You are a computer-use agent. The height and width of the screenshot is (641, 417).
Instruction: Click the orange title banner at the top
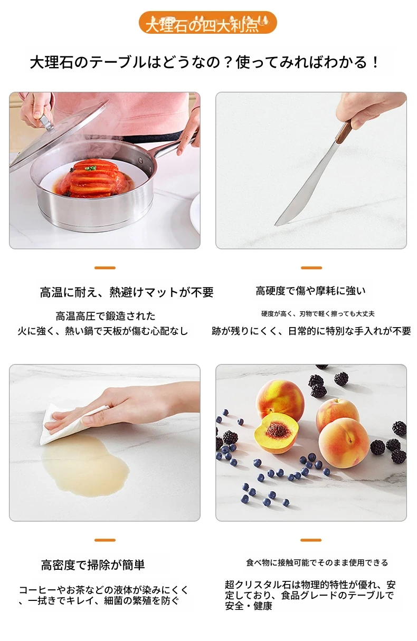(x=207, y=23)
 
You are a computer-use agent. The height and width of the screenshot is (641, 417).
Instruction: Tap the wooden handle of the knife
(x=344, y=132)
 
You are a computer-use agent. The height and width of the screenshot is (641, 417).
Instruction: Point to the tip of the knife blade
(x=276, y=225)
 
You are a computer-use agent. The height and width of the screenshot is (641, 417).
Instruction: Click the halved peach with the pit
(x=276, y=433)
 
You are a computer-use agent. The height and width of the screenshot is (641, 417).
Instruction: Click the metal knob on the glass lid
(x=46, y=123)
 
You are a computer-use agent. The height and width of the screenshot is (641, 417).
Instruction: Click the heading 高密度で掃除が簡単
(x=93, y=565)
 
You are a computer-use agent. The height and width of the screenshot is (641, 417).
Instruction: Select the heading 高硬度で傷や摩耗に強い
(x=311, y=291)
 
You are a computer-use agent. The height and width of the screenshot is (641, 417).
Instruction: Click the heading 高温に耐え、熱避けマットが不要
(x=127, y=292)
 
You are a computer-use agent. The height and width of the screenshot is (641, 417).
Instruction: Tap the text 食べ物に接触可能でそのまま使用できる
(x=317, y=562)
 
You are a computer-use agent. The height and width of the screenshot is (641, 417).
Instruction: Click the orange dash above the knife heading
(x=311, y=268)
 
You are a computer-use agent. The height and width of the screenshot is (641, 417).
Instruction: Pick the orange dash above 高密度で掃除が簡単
(x=105, y=540)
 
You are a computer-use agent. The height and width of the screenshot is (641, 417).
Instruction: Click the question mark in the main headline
(x=228, y=63)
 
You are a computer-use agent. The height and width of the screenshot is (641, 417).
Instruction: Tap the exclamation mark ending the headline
(x=375, y=63)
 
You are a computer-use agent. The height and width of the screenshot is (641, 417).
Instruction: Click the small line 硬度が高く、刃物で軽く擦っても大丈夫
(x=318, y=314)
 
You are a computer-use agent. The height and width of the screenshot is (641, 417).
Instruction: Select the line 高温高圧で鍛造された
(x=106, y=316)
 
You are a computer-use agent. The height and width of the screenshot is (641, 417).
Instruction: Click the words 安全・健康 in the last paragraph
(x=248, y=606)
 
